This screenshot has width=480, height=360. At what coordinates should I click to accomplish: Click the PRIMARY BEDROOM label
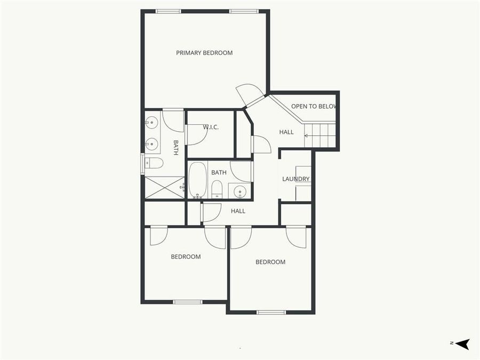pos(204,53)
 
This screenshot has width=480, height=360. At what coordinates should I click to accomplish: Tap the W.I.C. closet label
pos(211,127)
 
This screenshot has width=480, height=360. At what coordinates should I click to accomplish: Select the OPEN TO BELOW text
pos(314,107)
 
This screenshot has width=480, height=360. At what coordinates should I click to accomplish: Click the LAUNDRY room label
pos(296,179)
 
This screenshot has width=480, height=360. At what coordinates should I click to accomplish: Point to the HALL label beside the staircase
pos(286,132)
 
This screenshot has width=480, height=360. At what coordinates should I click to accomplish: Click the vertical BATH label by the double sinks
pos(175,148)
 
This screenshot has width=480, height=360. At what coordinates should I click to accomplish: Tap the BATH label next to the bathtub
pos(219,173)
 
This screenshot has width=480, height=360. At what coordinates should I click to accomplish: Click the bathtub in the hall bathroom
pos(197,179)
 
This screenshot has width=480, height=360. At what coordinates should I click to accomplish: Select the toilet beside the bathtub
pos(217,189)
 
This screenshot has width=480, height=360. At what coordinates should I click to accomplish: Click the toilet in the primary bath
pos(154,163)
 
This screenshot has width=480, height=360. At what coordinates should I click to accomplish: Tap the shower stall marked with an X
pos(164,187)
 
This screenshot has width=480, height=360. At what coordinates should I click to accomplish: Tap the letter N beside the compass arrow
pos(451,343)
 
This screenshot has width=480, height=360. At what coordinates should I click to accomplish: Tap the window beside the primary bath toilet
pos(142,164)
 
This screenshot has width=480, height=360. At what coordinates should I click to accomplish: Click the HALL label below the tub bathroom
pos(238,211)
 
